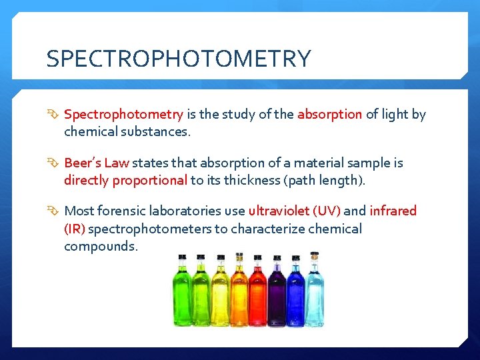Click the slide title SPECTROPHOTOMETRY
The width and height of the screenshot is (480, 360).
tap(178, 59)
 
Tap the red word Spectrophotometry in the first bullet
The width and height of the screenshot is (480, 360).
tap(123, 114)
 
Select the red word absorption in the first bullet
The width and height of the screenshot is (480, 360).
tap(329, 114)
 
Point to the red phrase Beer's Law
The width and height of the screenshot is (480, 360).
tap(97, 163)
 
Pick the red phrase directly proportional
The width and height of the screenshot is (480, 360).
tap(125, 181)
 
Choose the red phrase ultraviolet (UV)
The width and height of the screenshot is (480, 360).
tap(294, 211)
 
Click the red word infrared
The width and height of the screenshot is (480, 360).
tap(393, 211)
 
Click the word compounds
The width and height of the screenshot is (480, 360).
tap(101, 247)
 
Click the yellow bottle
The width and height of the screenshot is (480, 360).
tap(220, 293)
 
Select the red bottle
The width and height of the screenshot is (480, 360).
tap(257, 293)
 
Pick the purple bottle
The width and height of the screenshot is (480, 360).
tap(276, 293)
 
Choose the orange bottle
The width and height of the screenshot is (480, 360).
tap(239, 293)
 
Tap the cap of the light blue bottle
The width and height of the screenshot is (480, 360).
tap(314, 255)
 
